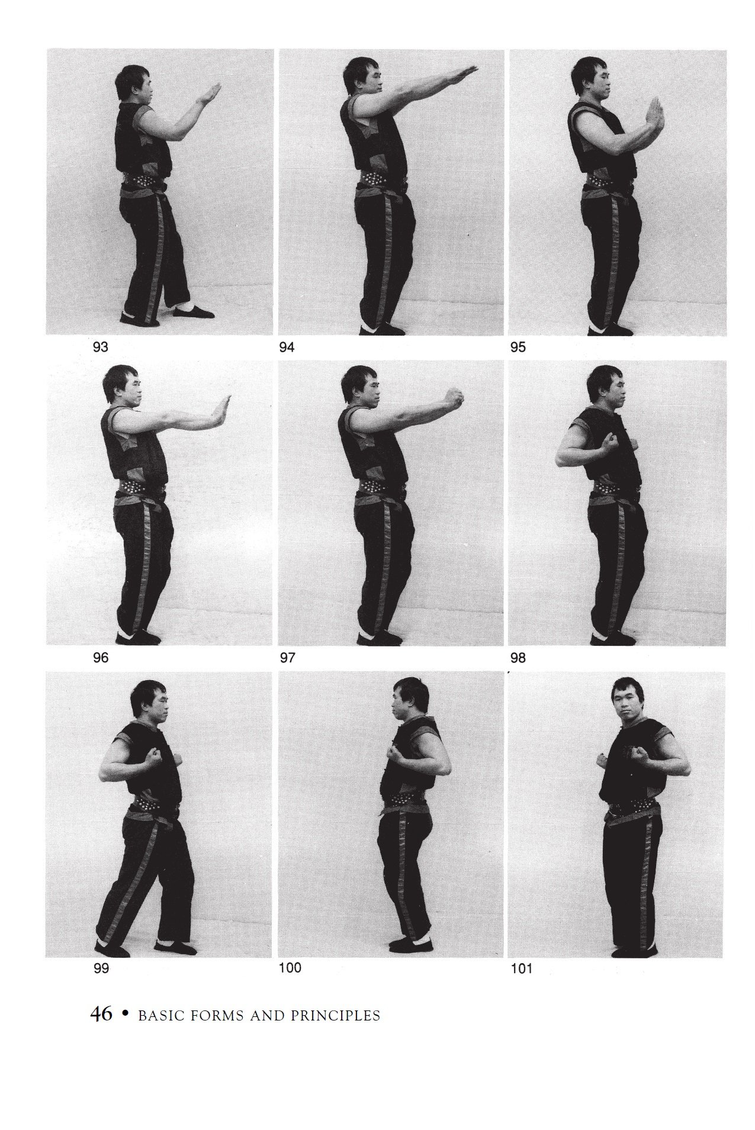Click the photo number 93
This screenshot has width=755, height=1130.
coord(101,347)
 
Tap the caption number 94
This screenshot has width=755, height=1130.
coord(287,347)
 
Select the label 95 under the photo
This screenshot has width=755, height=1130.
coord(518,347)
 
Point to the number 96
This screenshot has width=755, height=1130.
coord(101,658)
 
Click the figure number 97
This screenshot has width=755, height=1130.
coord(287,658)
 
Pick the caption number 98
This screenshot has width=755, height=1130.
coord(518,658)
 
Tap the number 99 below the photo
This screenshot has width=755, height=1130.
coord(102,969)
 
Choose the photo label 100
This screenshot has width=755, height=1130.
coord(290,968)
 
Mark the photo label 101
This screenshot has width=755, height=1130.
coord(521,969)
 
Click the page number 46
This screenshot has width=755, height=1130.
coord(101,1015)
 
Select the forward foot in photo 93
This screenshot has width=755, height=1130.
coord(193,311)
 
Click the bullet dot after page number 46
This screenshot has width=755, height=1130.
coord(124,1014)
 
